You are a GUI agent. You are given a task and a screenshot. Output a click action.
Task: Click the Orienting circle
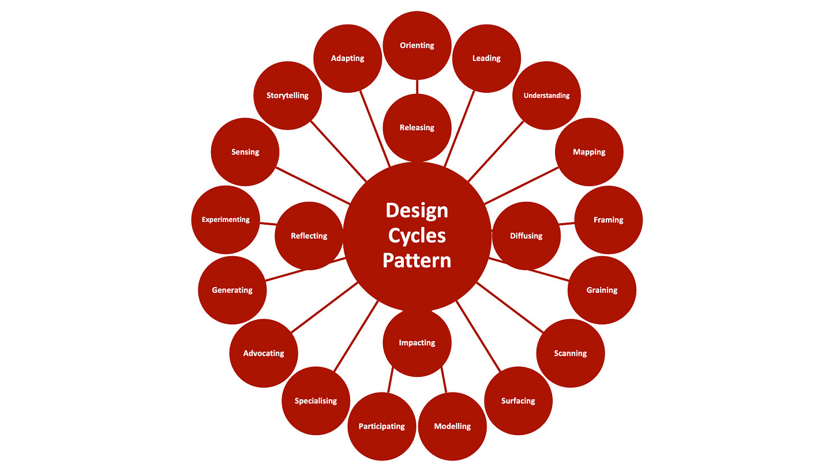click(417, 45)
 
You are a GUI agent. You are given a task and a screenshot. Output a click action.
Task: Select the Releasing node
click(417, 127)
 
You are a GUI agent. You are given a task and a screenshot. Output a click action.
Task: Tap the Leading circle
click(486, 58)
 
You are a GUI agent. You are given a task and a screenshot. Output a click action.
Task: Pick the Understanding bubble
click(546, 96)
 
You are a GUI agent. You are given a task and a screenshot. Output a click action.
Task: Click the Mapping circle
click(589, 152)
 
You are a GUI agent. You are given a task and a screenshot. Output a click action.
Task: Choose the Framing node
click(609, 220)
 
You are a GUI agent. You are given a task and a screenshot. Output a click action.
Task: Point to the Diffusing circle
click(526, 236)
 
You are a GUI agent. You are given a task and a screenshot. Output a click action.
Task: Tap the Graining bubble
click(602, 290)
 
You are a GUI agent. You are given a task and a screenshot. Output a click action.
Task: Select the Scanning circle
click(570, 353)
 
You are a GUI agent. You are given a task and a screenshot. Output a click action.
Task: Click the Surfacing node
click(518, 401)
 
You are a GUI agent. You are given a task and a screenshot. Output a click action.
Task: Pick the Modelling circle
click(452, 426)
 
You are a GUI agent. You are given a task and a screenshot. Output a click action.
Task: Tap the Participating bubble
click(382, 426)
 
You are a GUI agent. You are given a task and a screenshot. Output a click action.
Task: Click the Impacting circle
click(417, 343)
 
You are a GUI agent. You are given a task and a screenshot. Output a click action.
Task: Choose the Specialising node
click(316, 401)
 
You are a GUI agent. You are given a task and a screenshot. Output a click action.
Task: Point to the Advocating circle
click(264, 353)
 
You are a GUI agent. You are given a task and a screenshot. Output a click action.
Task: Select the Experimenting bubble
click(226, 220)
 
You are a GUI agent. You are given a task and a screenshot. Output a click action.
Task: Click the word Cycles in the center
click(417, 235)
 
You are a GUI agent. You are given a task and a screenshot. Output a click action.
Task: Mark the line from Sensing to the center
click(313, 186)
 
